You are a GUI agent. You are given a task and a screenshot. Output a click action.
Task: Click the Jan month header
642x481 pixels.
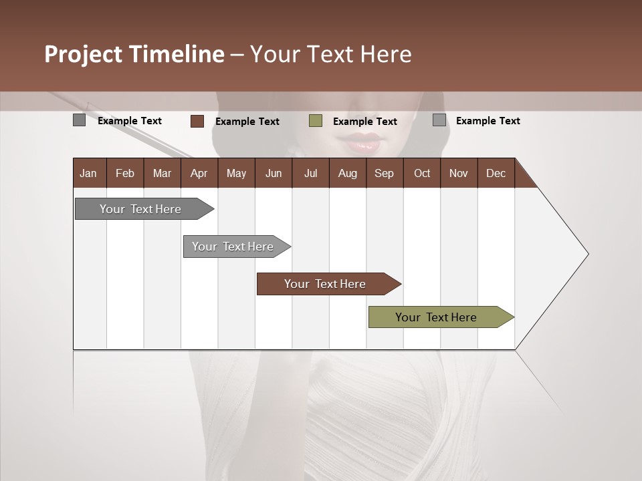click(x=88, y=173)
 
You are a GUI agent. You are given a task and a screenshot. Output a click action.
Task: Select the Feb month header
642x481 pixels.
click(x=125, y=173)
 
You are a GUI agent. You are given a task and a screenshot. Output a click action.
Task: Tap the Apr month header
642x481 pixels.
click(x=199, y=173)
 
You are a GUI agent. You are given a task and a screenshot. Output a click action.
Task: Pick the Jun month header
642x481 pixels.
click(x=273, y=173)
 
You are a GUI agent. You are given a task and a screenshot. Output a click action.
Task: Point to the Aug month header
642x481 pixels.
click(x=347, y=173)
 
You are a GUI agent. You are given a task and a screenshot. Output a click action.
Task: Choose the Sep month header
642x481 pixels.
click(x=384, y=173)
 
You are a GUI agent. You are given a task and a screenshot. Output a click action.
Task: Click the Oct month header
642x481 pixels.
click(x=422, y=173)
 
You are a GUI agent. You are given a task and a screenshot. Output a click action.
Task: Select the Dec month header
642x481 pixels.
click(x=496, y=173)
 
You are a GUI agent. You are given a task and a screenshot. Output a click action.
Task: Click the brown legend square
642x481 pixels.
click(x=197, y=121)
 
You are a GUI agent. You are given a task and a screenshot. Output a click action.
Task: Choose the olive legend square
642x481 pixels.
click(x=316, y=121)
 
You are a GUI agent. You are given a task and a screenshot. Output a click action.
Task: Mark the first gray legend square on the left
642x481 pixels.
click(x=79, y=120)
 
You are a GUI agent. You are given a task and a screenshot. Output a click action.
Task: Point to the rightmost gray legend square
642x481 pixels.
click(x=439, y=120)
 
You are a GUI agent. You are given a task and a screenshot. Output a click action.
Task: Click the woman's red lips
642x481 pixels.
click(x=361, y=142)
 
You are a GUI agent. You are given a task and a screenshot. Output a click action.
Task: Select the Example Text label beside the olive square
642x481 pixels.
click(x=364, y=122)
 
